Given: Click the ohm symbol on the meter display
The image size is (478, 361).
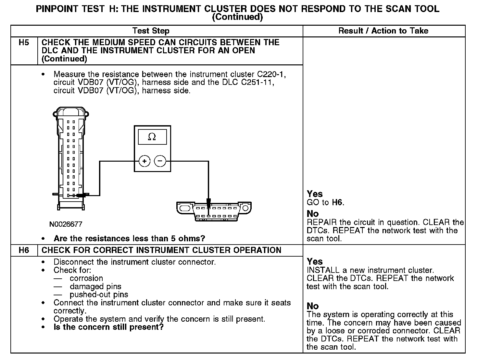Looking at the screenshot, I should coord(152,137).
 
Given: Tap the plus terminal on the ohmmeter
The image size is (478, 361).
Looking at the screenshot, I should coord(145,161).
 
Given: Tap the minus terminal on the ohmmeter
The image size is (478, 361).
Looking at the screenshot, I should coord(160,161).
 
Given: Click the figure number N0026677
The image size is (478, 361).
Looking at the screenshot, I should coord(66,224).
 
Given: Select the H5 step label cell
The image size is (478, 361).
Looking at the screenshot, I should coord(24,43).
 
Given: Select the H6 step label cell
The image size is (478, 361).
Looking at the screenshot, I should coord(24,250).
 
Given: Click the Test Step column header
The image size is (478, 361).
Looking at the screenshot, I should coord(151,31).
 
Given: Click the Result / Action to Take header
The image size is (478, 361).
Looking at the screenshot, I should coord(383,31).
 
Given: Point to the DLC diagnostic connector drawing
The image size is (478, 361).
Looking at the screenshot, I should coord(214,211).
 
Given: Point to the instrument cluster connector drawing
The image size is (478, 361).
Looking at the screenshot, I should coord(71,159).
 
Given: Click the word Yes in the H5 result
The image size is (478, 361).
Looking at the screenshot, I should coord(315,194).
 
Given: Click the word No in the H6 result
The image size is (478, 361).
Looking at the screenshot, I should coord(313,306).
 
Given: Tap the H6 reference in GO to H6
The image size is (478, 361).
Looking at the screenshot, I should coord(338,203).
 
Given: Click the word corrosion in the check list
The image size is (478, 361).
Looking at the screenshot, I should coord(86,278).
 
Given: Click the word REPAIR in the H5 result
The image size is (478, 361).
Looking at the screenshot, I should coord(321,222).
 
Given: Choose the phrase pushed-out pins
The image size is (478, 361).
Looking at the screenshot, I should coord(99,295).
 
